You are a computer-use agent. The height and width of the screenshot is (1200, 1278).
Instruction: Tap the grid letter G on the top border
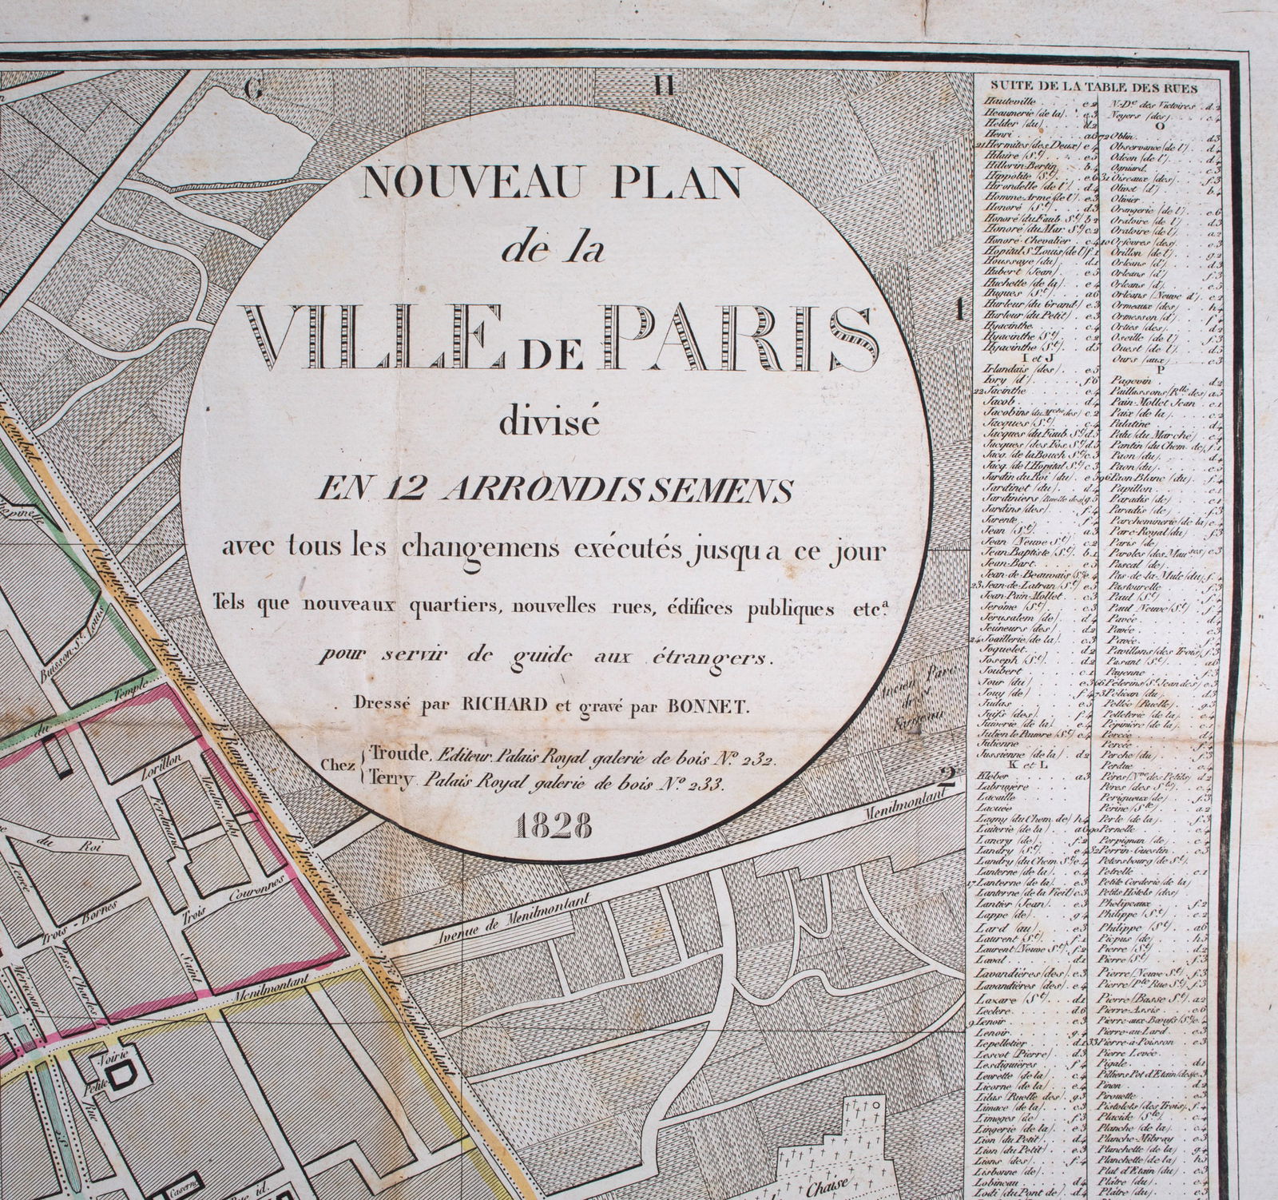pyautogui.click(x=255, y=89)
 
